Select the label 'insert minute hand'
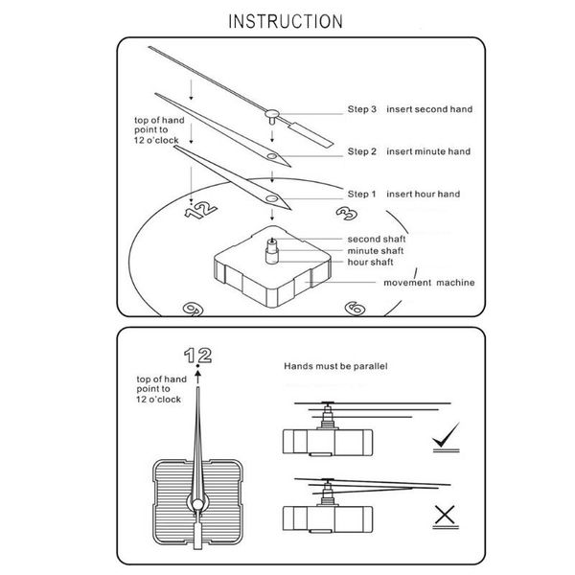[x=429, y=151]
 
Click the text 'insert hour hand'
[x=423, y=195]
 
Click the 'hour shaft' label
[x=371, y=261]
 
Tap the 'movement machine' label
[x=430, y=283]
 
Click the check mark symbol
[x=445, y=440]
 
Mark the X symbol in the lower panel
[x=444, y=517]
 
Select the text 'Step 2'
[x=362, y=151]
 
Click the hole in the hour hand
[x=272, y=199]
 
